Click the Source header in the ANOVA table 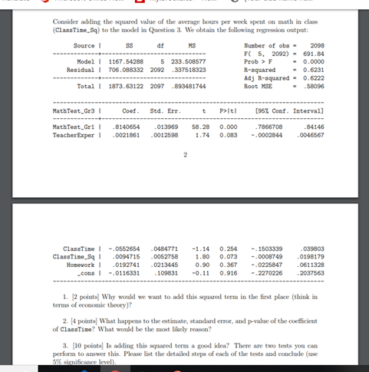tap(82, 47)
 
